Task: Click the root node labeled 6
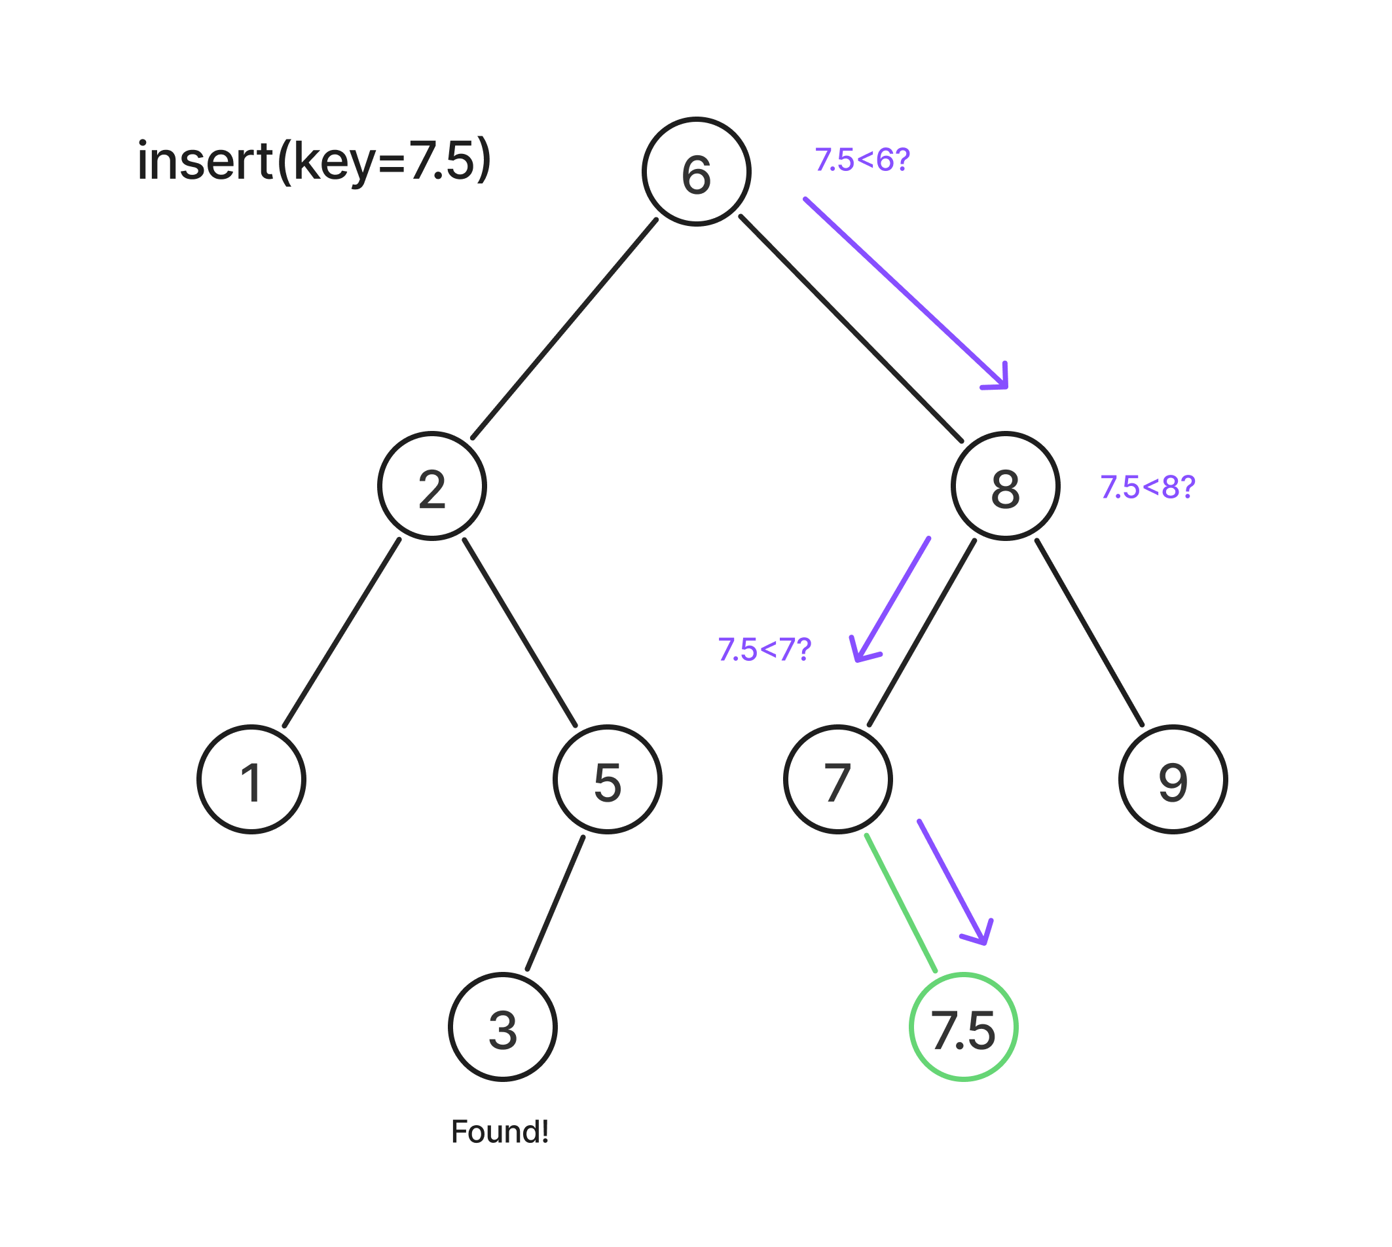pyautogui.click(x=696, y=172)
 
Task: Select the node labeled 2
pyautogui.click(x=431, y=486)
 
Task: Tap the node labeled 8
pyautogui.click(x=1005, y=486)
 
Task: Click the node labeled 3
pyautogui.click(x=502, y=1027)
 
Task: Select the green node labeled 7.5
pyautogui.click(x=963, y=1027)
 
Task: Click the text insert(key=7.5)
pyautogui.click(x=314, y=161)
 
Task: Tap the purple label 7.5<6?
pyautogui.click(x=862, y=160)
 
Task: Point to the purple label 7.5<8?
pyautogui.click(x=1147, y=487)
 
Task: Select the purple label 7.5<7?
pyautogui.click(x=764, y=649)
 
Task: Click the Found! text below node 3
pyautogui.click(x=500, y=1132)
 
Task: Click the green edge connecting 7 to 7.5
pyautogui.click(x=901, y=903)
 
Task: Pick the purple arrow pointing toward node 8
pyautogui.click(x=904, y=293)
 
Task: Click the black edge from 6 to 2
pyautogui.click(x=564, y=329)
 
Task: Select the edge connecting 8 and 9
pyautogui.click(x=1090, y=633)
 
